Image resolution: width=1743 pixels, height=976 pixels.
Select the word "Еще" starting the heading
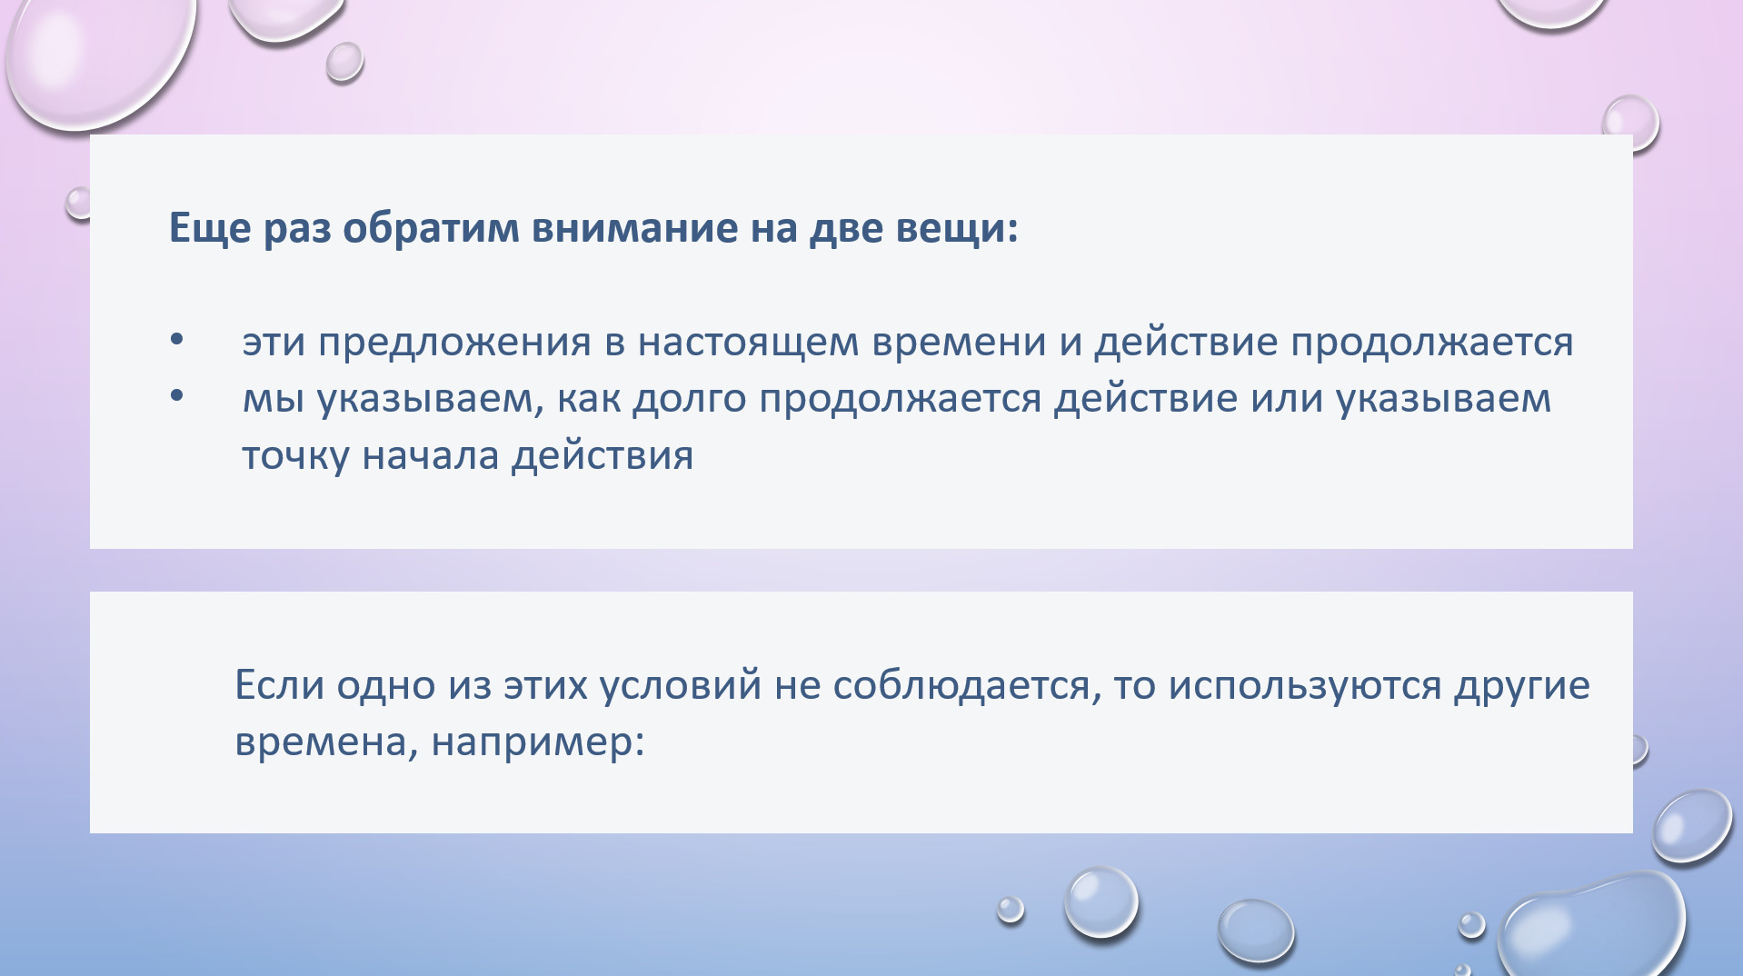point(210,227)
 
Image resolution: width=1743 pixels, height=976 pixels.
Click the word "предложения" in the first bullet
point(454,344)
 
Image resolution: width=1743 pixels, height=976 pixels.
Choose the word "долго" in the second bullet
point(690,400)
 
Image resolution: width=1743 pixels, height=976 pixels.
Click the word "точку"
point(295,456)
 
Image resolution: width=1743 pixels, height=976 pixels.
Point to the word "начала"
point(431,456)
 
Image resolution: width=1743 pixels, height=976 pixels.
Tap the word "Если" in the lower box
point(279,684)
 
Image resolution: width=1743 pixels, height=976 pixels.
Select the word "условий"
point(681,686)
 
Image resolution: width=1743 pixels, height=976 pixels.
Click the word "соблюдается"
point(961,686)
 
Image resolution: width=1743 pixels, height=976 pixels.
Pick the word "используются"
point(1305,686)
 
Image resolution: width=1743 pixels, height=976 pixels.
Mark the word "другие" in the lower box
point(1522,686)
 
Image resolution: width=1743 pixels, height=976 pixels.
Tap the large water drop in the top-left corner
point(100,55)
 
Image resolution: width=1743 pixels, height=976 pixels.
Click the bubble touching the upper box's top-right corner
point(1630,124)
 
